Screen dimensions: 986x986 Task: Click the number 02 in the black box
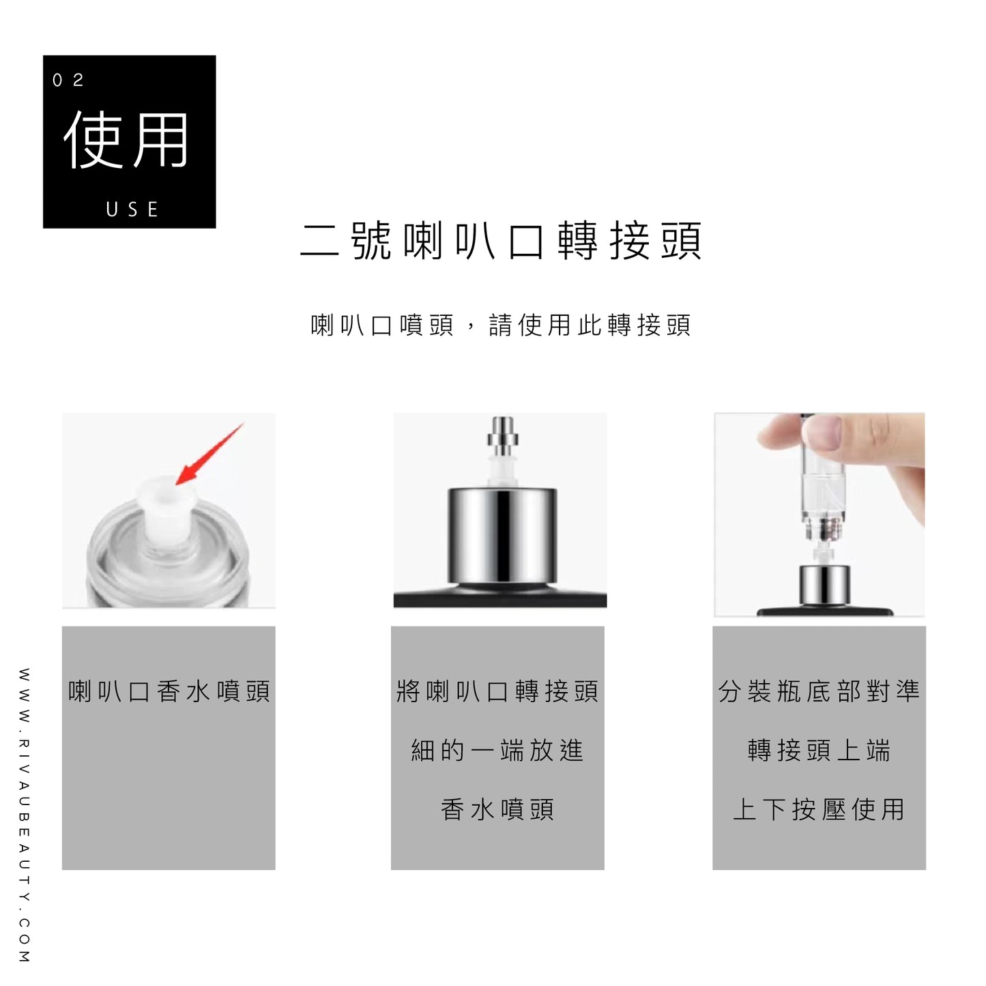click(x=68, y=81)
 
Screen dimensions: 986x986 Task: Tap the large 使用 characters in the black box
click(x=127, y=140)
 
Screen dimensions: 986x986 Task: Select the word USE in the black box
click(x=132, y=209)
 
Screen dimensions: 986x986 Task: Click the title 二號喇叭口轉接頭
click(x=502, y=241)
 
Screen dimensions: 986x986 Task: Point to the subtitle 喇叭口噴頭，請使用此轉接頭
click(x=502, y=325)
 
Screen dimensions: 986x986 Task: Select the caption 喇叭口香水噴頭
click(x=169, y=691)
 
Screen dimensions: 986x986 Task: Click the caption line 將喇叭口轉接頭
click(x=498, y=691)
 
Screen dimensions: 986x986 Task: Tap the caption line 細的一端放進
click(x=498, y=751)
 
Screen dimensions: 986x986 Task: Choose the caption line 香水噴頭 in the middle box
click(x=498, y=810)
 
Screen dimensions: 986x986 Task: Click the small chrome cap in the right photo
click(x=824, y=585)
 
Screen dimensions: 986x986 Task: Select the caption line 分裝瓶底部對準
click(x=820, y=691)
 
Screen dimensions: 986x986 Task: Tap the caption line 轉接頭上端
click(x=820, y=751)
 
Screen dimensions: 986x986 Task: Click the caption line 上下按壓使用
click(x=820, y=810)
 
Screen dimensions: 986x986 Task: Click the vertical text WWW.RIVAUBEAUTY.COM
click(x=25, y=815)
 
